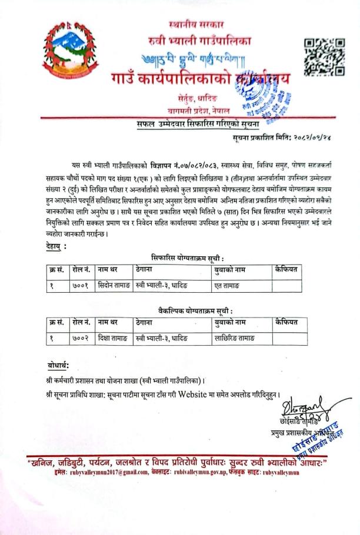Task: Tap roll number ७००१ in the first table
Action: click(79, 286)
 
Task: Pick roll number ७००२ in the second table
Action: click(79, 337)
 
